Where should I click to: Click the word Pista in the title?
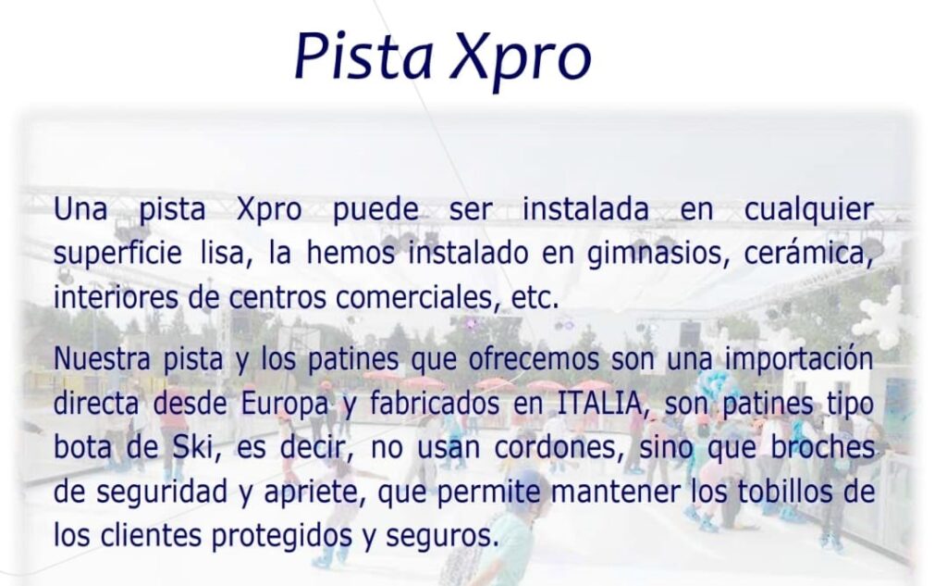click(364, 56)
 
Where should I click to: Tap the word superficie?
click(117, 254)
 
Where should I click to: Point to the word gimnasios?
click(655, 254)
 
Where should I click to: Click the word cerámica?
click(808, 253)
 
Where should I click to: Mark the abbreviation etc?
click(535, 297)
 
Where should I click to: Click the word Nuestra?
click(102, 358)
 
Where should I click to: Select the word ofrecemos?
click(534, 358)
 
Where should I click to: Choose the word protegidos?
click(281, 537)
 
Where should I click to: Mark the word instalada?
click(585, 209)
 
